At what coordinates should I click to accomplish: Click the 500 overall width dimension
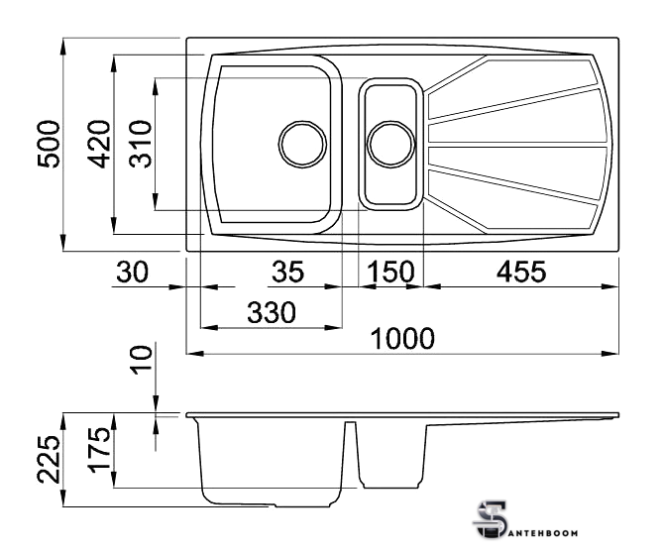(x=50, y=145)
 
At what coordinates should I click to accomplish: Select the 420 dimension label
(x=99, y=145)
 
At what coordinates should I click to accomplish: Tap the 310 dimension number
(x=140, y=145)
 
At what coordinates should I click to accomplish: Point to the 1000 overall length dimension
(x=402, y=338)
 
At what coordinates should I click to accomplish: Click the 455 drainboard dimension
(x=521, y=272)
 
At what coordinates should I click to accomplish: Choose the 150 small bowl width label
(x=390, y=272)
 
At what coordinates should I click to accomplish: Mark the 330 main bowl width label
(x=271, y=312)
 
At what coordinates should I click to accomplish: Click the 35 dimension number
(x=288, y=272)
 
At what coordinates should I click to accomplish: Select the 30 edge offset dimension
(x=133, y=272)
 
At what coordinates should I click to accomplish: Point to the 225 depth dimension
(x=50, y=459)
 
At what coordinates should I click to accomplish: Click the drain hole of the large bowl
(x=303, y=145)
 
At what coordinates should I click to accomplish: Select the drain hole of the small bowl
(x=390, y=145)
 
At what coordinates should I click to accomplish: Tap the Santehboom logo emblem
(x=492, y=520)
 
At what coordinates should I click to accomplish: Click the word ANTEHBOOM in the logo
(x=542, y=533)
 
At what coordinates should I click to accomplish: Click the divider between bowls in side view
(x=350, y=453)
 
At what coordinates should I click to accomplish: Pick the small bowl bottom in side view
(x=390, y=488)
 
